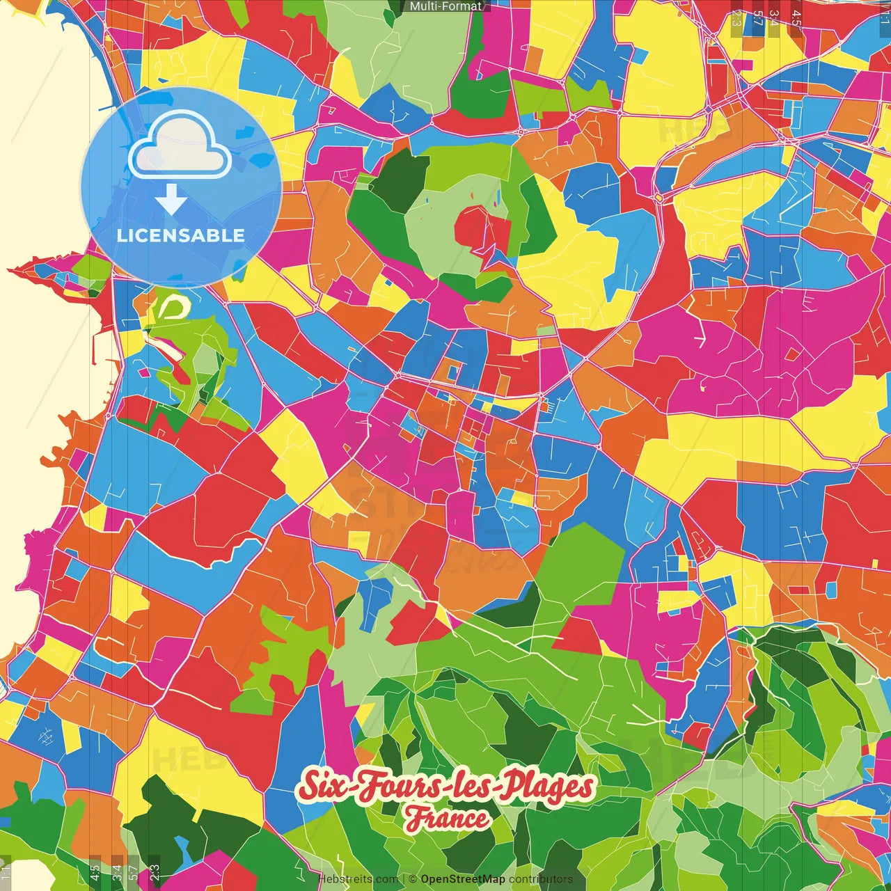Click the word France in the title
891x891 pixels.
point(448,819)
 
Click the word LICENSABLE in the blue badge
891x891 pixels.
point(181,235)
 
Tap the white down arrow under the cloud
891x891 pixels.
point(171,200)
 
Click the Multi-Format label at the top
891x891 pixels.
point(445,6)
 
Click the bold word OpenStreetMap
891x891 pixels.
point(463,879)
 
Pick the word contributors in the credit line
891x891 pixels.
point(541,879)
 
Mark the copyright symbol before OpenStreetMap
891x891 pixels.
point(413,879)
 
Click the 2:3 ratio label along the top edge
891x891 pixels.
point(736,18)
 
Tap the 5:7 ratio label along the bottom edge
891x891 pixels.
point(133,872)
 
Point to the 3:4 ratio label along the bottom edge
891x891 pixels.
point(116,872)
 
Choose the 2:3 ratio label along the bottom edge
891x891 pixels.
point(154,872)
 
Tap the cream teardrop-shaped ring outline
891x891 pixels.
point(175,307)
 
